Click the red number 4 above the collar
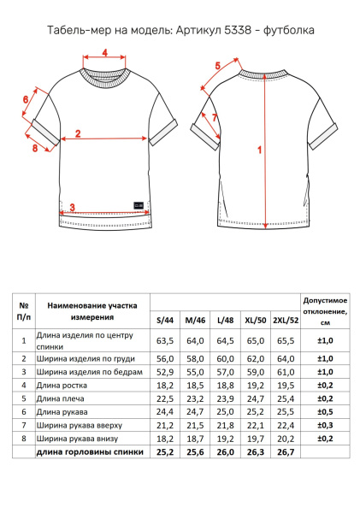point(104,52)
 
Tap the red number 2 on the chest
point(78,133)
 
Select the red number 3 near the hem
point(73,207)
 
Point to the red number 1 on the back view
point(260,150)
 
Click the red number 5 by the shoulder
point(218,66)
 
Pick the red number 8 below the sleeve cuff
point(26,99)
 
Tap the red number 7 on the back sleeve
point(215,117)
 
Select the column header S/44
point(165,320)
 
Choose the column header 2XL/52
point(286,320)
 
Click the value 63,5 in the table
point(165,340)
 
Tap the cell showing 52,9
point(165,372)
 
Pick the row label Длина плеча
point(60,398)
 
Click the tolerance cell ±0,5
point(325,412)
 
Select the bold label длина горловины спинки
point(90,452)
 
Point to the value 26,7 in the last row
point(286,452)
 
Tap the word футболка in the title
point(289,30)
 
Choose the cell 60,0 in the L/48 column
point(226,359)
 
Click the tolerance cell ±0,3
point(325,425)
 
